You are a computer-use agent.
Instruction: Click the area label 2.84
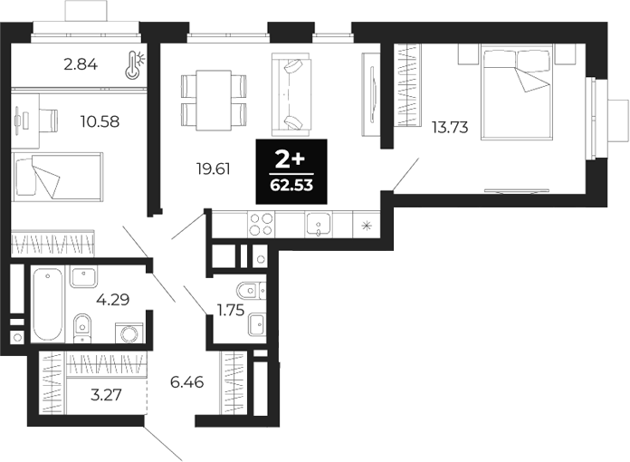pyautogui.click(x=80, y=64)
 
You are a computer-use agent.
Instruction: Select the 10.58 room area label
pyautogui.click(x=100, y=120)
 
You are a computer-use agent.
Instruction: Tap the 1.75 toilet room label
pyautogui.click(x=231, y=310)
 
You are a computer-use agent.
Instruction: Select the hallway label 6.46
pyautogui.click(x=187, y=383)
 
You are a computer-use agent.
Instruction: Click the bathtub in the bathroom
pyautogui.click(x=46, y=303)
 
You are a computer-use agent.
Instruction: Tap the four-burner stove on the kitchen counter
pyautogui.click(x=261, y=224)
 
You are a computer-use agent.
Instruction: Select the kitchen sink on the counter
pyautogui.click(x=318, y=224)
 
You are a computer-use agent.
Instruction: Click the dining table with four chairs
pyautogui.click(x=215, y=100)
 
